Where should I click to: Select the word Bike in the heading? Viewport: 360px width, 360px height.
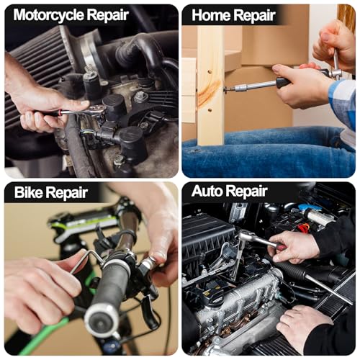29,192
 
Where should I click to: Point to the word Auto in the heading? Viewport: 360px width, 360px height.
207,191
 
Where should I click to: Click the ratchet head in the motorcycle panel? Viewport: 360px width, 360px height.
97,110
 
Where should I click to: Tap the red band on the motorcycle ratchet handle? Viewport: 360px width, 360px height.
60,112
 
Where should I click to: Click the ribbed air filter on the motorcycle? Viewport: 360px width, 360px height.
36,70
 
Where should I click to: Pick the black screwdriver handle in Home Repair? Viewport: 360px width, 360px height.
283,82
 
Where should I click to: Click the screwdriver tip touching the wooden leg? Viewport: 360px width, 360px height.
227,90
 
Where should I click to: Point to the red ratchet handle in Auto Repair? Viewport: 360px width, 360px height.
282,246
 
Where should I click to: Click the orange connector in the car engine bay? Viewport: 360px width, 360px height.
304,228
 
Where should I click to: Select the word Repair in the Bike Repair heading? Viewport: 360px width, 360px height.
66,193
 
